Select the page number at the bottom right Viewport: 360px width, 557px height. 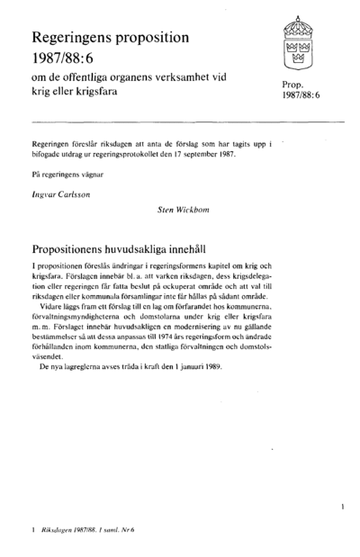click(343, 508)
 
